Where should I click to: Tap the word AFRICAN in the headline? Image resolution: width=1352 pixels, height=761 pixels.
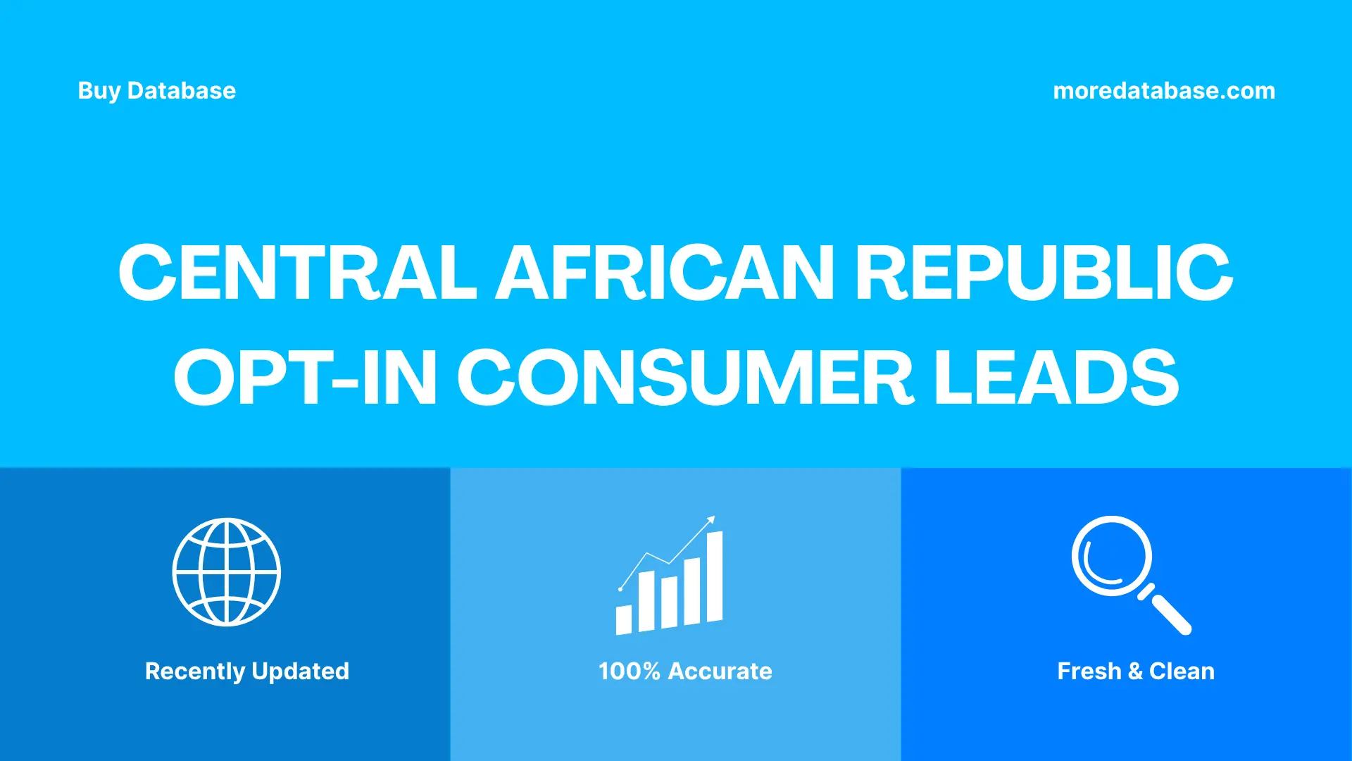tap(665, 273)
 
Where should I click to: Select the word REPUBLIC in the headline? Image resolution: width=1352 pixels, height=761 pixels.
tap(1044, 273)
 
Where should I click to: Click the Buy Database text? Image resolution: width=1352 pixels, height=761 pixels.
tap(156, 91)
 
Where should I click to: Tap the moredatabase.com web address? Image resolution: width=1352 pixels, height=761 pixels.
tap(1163, 91)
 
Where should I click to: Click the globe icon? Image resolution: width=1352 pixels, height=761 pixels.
tap(227, 572)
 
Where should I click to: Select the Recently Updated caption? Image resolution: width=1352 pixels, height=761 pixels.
tap(246, 671)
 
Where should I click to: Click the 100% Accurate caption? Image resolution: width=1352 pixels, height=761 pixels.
tap(685, 671)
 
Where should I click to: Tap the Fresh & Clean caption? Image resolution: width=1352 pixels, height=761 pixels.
tap(1136, 671)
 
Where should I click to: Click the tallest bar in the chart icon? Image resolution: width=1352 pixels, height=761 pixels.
tap(715, 576)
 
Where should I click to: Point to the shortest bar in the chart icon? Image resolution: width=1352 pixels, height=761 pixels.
tap(624, 619)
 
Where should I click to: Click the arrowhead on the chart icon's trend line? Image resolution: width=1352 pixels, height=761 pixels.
tap(711, 520)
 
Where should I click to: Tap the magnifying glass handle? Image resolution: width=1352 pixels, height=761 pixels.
tap(1170, 612)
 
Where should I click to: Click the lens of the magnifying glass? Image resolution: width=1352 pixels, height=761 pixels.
tap(1111, 556)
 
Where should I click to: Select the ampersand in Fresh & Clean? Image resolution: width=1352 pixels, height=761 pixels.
tap(1135, 671)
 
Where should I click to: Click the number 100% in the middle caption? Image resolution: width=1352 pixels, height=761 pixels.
tap(629, 671)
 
